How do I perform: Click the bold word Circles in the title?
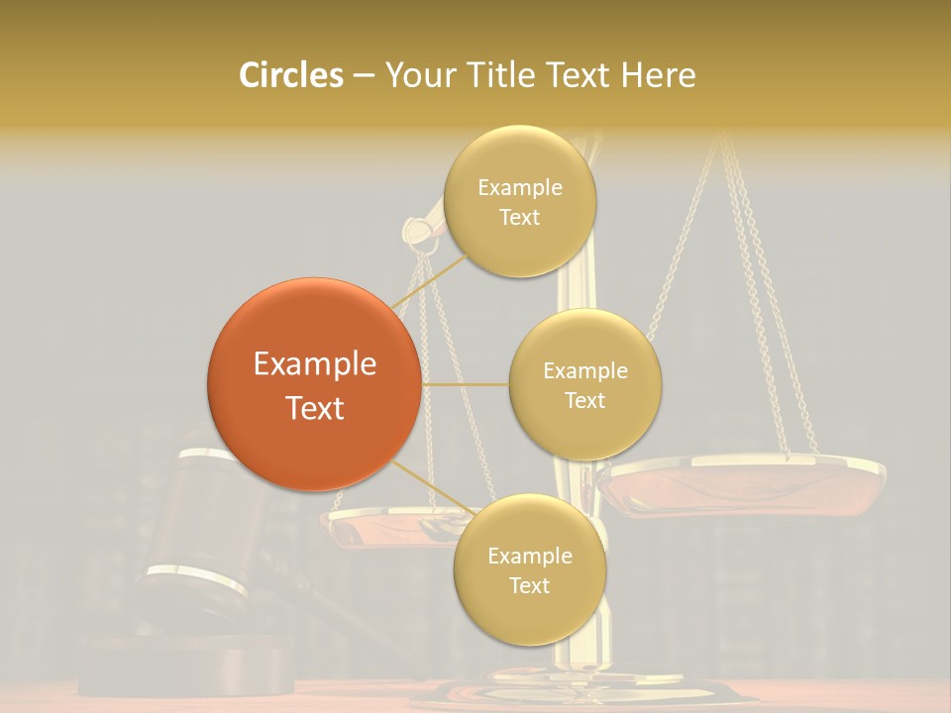290,75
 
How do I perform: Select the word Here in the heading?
658,75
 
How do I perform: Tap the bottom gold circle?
529,614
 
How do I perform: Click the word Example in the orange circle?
315,363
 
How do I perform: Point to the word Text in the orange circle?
315,408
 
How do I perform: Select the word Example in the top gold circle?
520,187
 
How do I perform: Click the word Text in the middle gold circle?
584,400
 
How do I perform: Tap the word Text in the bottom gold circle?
529,585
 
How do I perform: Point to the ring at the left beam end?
420,232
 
